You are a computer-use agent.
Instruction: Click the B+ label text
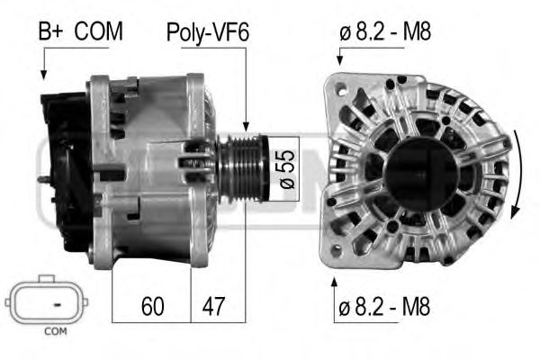51,32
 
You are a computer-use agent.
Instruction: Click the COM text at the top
99,32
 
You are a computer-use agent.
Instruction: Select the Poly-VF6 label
207,32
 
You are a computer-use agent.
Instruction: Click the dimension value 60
151,307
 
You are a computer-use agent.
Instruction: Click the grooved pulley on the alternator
243,167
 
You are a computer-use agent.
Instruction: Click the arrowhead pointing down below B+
43,76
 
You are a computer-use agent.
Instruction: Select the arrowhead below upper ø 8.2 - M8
338,60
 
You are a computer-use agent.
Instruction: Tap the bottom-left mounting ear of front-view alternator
338,249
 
